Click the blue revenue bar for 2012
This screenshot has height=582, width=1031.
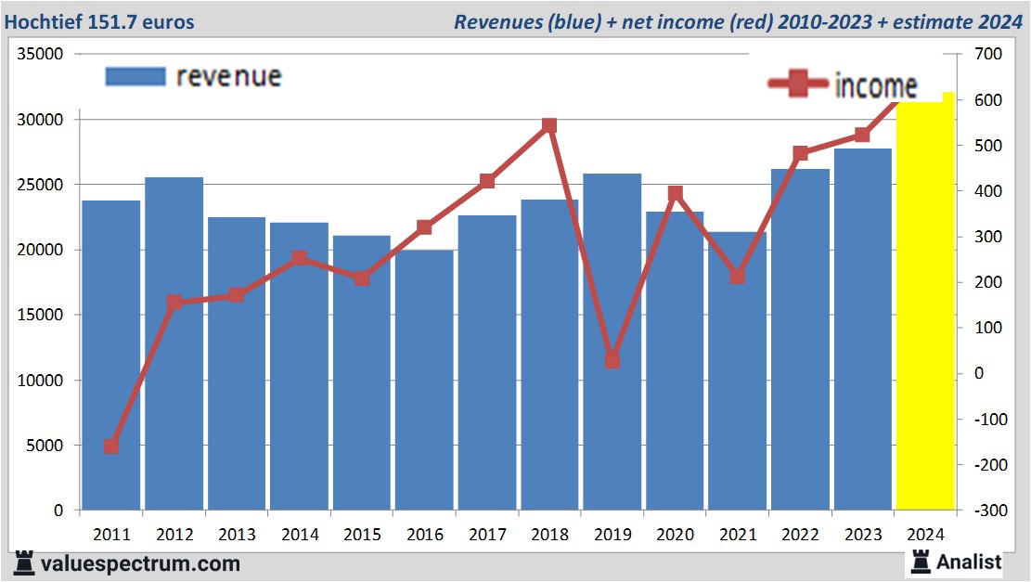coord(174,343)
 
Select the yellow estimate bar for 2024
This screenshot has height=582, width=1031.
coord(925,306)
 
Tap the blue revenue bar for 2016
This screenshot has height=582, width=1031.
coord(424,381)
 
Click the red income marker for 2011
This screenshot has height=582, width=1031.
coord(111,446)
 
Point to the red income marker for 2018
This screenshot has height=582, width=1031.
coord(549,125)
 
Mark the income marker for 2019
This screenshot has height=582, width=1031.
coord(612,360)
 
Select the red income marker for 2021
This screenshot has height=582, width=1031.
coord(737,277)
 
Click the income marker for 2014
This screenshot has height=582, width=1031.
coord(299,258)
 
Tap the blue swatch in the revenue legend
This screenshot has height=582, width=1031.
coord(135,76)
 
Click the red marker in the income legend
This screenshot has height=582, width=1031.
coord(798,85)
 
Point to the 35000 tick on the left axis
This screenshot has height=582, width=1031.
coord(43,55)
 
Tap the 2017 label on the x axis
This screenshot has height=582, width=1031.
coord(487,535)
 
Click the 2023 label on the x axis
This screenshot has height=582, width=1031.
coord(862,535)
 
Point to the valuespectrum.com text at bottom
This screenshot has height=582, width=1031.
coord(139,563)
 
